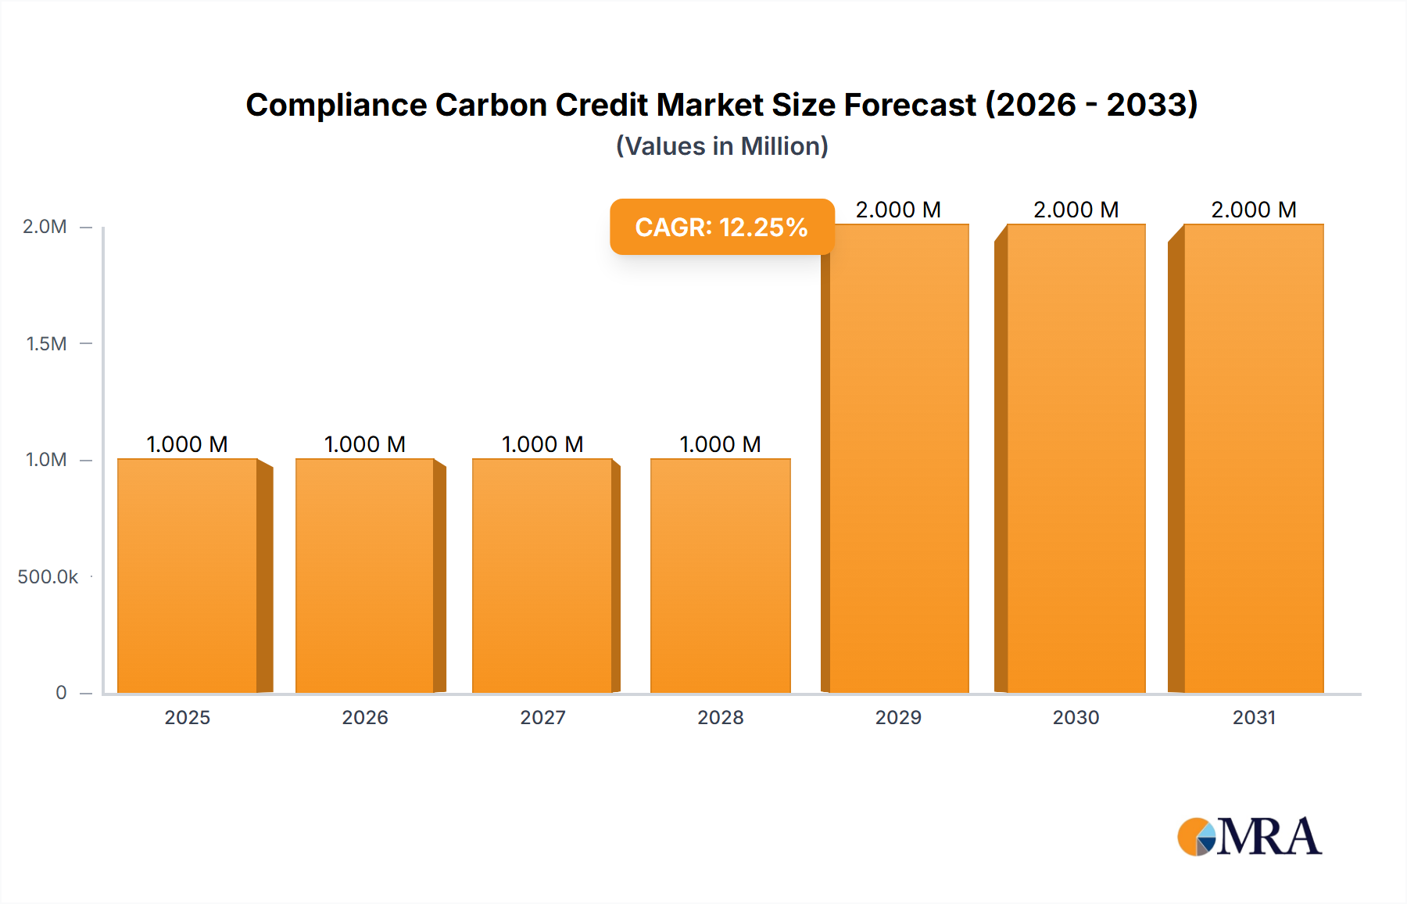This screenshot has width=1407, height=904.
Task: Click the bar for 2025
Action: (188, 576)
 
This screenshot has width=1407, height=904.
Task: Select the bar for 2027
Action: (542, 576)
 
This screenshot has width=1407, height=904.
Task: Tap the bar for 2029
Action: (899, 458)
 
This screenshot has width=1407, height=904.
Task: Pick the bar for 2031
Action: (1254, 458)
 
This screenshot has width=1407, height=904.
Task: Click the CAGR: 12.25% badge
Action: (721, 227)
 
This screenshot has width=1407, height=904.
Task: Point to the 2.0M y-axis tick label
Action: (45, 227)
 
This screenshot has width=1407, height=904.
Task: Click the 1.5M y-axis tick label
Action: (46, 343)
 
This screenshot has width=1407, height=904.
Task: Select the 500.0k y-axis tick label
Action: (48, 577)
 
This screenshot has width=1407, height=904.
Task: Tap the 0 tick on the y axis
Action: (61, 693)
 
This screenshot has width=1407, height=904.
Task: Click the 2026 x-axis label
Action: (365, 717)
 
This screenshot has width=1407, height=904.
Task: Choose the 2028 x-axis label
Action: (721, 717)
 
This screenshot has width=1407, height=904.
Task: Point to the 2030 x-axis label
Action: (1076, 717)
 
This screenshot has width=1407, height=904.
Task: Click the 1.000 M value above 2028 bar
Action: (721, 444)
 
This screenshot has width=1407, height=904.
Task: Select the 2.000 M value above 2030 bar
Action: (1076, 210)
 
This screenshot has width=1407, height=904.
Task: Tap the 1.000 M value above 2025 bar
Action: (188, 444)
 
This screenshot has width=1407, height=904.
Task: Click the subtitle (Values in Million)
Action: (721, 146)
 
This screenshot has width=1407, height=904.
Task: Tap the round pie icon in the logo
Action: (1197, 837)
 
